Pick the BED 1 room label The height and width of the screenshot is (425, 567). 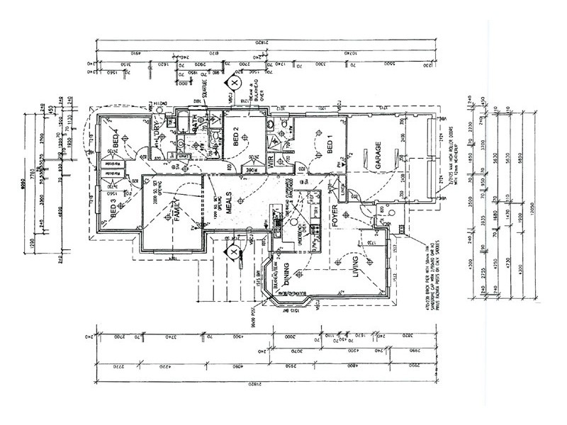tap(330, 145)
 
